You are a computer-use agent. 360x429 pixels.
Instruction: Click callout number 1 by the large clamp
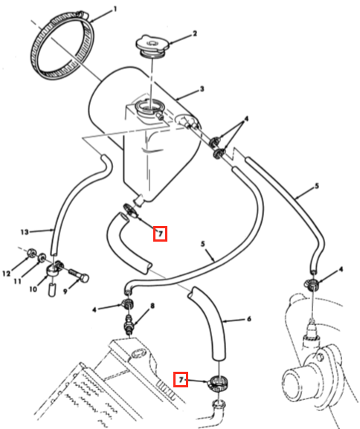115,10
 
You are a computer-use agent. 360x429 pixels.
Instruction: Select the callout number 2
195,33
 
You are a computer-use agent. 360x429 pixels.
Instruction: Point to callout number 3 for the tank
202,89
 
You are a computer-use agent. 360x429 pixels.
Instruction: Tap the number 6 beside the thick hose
249,319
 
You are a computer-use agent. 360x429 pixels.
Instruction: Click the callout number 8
152,306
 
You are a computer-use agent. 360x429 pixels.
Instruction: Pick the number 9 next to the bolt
65,291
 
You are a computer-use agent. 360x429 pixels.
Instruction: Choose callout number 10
33,289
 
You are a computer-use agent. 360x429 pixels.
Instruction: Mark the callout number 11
18,281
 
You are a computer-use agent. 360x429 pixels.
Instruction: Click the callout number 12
6,274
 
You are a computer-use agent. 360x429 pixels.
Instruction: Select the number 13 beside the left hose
25,232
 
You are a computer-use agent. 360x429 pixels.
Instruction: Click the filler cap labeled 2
153,45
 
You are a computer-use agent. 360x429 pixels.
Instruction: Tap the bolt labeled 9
79,276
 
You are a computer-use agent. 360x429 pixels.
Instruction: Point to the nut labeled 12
31,254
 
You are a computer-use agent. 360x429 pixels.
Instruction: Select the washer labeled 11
42,257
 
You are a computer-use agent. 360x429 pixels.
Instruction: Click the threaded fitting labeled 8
129,323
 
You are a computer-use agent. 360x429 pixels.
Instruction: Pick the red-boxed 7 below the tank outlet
160,233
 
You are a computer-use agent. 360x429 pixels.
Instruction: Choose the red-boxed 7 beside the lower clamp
181,379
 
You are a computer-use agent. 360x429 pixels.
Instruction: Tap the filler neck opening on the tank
148,106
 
